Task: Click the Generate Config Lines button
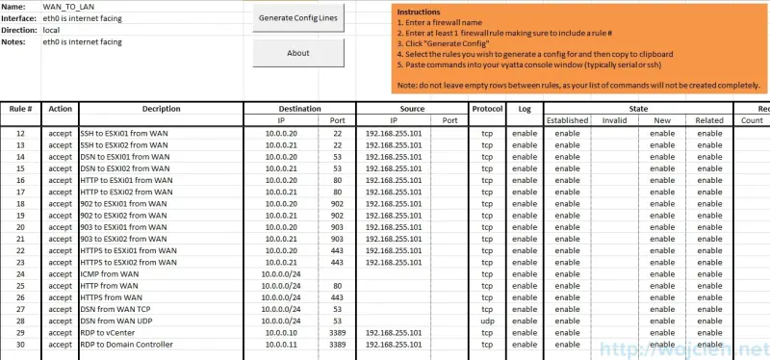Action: pyautogui.click(x=298, y=19)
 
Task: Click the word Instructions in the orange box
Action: pyautogui.click(x=419, y=12)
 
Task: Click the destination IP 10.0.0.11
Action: pyautogui.click(x=286, y=344)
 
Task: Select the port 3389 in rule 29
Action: pyautogui.click(x=337, y=332)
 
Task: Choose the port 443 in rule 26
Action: pyautogui.click(x=337, y=297)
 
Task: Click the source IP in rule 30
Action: pyautogui.click(x=394, y=344)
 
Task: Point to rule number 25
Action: pyautogui.click(x=20, y=285)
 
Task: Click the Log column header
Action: pyautogui.click(x=525, y=109)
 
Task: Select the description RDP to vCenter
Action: pyautogui.click(x=110, y=332)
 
